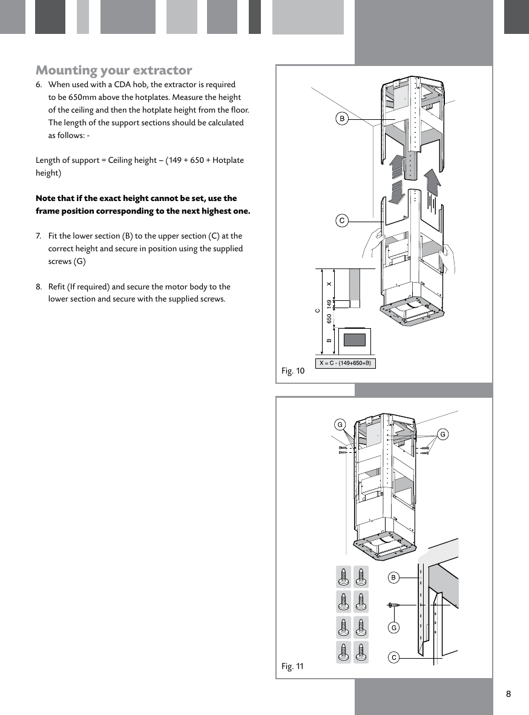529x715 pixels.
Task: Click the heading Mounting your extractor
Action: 114,70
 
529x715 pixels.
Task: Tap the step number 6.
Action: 39,85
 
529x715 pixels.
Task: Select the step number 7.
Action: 39,236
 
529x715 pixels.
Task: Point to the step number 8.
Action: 39,286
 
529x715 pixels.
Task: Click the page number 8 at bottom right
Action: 508,694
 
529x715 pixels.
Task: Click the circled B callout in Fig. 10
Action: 342,119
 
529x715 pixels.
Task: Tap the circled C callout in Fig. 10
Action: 342,220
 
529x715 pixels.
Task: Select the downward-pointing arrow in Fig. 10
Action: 397,193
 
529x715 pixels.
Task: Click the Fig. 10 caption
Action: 293,371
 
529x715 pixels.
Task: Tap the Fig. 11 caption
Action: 293,667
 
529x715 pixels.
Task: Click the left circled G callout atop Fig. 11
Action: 341,424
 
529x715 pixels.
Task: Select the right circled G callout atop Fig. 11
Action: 442,433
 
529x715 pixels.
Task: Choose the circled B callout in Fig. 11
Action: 393,578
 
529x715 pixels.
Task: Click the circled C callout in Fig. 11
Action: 393,657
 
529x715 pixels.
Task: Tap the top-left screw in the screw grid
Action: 344,576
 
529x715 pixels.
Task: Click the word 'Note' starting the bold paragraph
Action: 46,199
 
